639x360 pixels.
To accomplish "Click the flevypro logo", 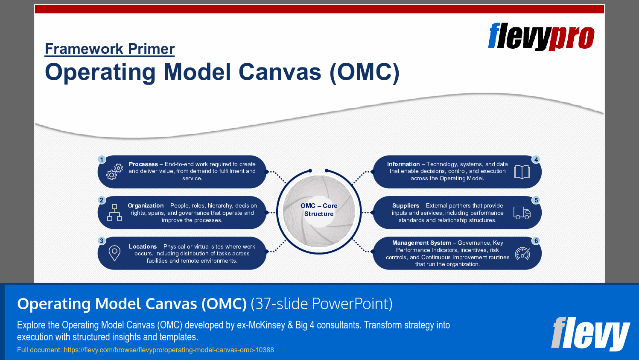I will [x=541, y=37].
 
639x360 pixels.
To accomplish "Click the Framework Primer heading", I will [x=110, y=49].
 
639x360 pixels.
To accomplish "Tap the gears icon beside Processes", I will [x=114, y=172].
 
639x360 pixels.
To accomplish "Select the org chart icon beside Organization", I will [x=114, y=213].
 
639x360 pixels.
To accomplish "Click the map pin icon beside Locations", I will [x=114, y=253].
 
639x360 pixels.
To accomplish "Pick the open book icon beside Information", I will [x=522, y=172].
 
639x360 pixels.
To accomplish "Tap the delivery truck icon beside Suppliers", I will [x=522, y=213].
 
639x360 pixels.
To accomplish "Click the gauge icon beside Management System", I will [x=522, y=254].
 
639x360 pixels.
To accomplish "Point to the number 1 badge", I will [x=102, y=159].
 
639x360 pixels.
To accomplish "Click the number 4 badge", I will [x=536, y=159].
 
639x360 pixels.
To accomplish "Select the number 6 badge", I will [x=536, y=241].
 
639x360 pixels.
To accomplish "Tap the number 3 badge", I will [x=102, y=241].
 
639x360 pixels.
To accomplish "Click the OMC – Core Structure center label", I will [x=319, y=210].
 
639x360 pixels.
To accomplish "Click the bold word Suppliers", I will [x=406, y=205].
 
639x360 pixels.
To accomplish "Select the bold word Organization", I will [x=146, y=205].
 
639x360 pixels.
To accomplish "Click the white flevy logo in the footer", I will [x=590, y=333].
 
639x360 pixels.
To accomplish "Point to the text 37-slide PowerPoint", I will [x=321, y=304].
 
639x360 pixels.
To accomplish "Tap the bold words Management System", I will [x=421, y=243].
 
